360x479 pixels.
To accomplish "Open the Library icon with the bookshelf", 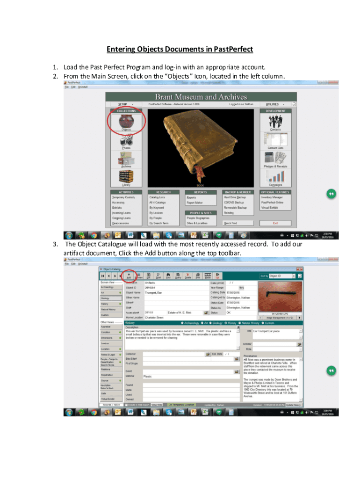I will click(126, 177).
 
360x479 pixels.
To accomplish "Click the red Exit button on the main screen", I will click(275, 223).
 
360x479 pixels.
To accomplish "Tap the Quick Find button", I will click(230, 223).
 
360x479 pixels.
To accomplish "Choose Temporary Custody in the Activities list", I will click(123, 197).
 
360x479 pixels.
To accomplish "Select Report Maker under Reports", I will click(194, 203).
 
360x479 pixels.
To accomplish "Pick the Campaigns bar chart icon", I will click(275, 176).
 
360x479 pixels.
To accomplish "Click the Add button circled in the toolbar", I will click(129, 276).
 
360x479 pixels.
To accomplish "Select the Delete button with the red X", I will click(188, 276).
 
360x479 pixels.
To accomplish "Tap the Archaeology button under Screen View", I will click(110, 287).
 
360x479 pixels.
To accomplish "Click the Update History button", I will click(293, 405).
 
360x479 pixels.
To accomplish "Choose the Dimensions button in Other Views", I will click(110, 338).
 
